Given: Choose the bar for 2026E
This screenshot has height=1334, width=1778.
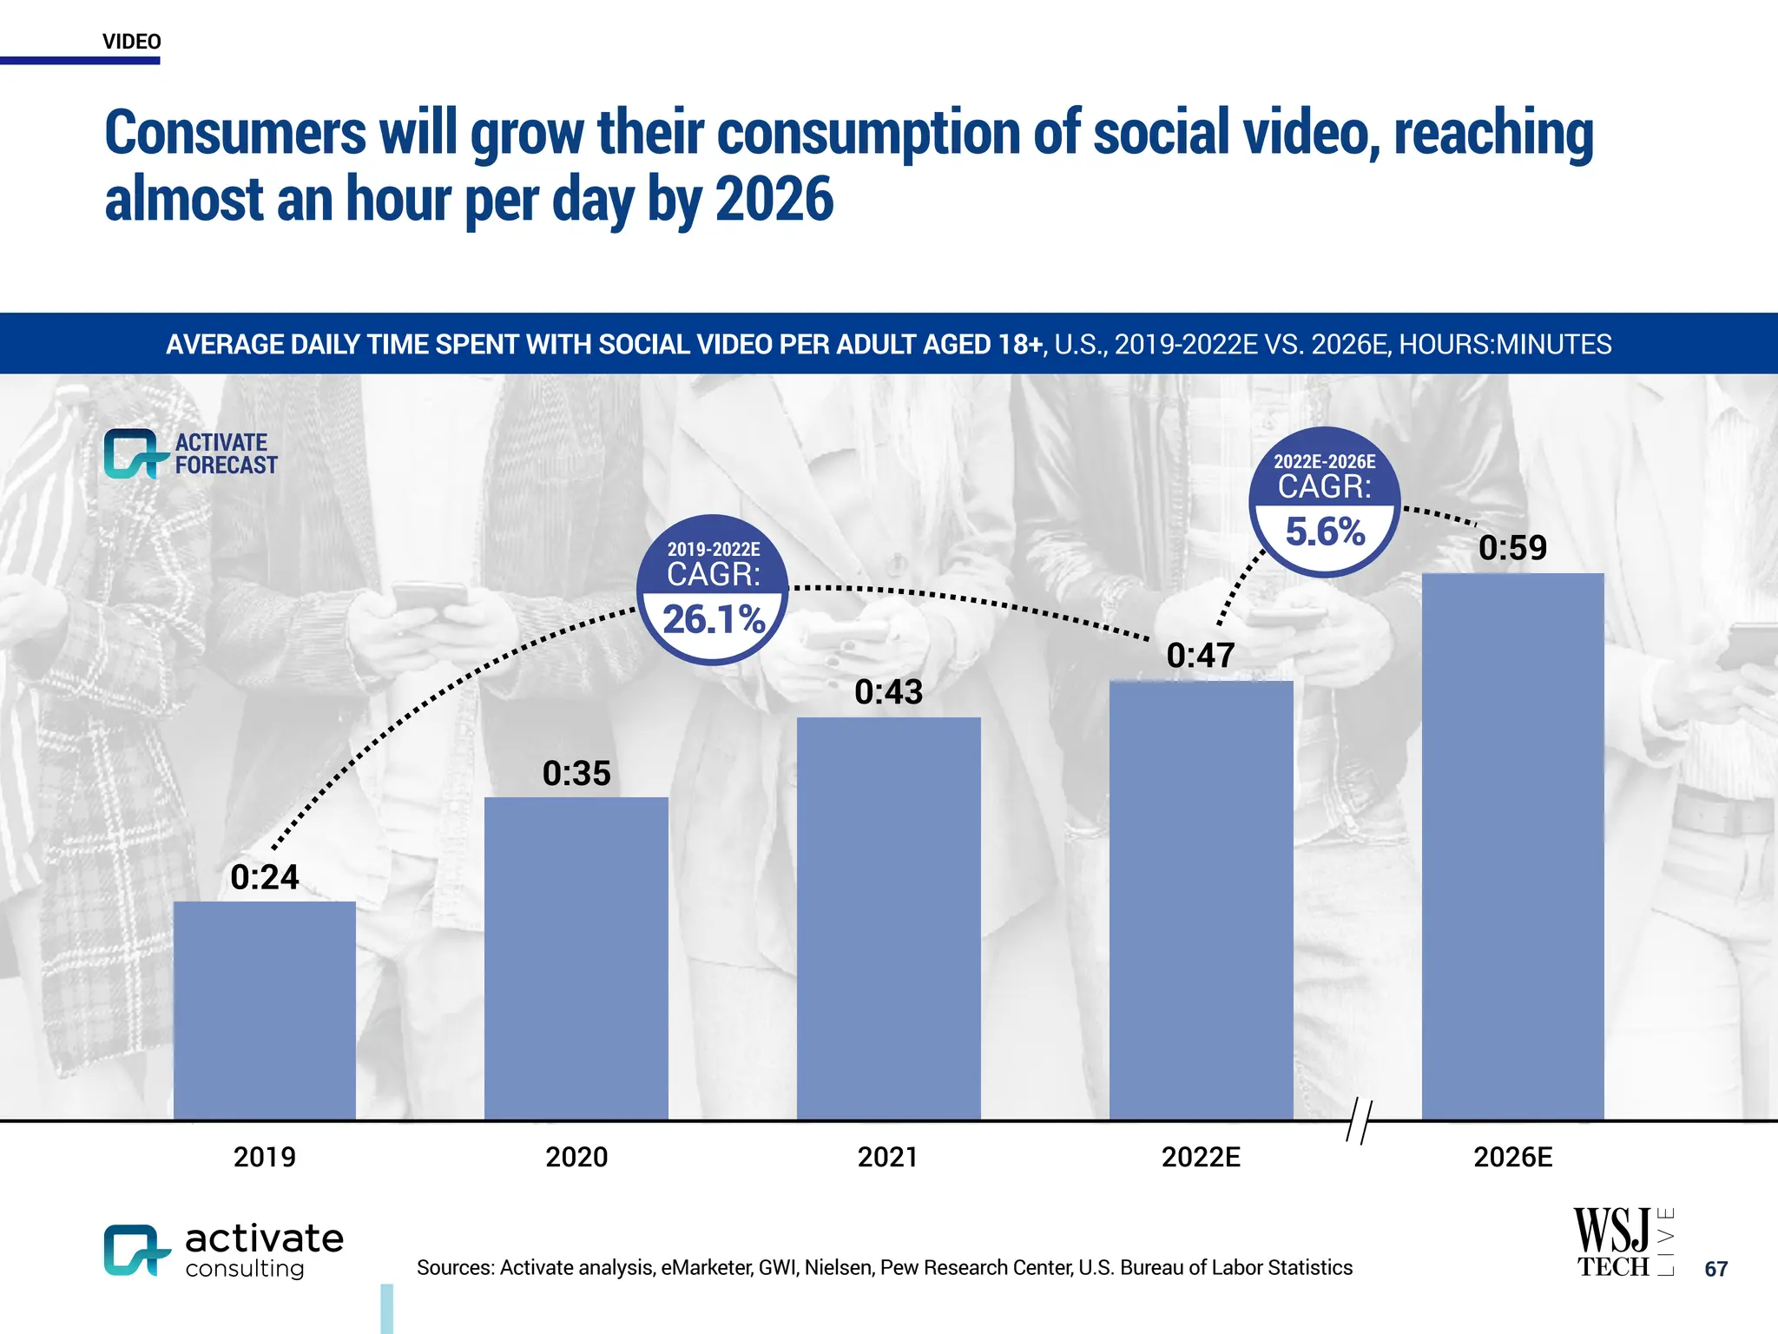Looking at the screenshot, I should tap(1512, 846).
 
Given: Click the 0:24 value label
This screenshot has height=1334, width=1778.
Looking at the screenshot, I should tap(265, 877).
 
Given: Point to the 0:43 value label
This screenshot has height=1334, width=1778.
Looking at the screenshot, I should tap(888, 692).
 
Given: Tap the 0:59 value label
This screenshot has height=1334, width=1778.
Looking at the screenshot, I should tap(1512, 548).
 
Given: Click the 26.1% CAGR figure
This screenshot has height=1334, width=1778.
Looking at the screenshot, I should tap(713, 619).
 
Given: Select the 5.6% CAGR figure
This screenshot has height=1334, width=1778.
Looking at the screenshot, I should tap(1325, 532).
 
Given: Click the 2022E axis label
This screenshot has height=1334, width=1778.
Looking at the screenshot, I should tap(1201, 1157).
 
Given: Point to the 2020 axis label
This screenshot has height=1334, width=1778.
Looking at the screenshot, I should tap(576, 1157).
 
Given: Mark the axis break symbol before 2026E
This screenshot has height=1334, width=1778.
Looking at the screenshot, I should tap(1359, 1121).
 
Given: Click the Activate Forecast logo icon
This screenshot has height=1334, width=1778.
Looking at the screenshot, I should tap(133, 454).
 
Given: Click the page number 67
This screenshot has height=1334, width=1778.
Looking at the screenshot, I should tap(1715, 1269).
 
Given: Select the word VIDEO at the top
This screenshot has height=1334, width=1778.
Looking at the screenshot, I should tap(131, 42).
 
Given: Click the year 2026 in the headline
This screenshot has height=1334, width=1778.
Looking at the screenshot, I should tap(774, 200).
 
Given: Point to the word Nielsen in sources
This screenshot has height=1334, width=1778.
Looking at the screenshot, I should tap(838, 1268).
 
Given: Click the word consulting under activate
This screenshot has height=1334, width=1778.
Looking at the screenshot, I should tap(245, 1269).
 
